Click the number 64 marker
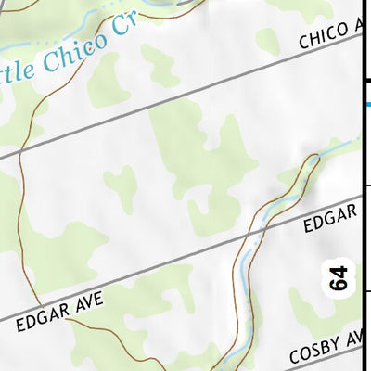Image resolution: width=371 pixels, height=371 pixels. coord(339,279)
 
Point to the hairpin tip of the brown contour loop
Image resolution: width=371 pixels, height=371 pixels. coord(314,159)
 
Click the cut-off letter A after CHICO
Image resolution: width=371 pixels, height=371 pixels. coord(361,28)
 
